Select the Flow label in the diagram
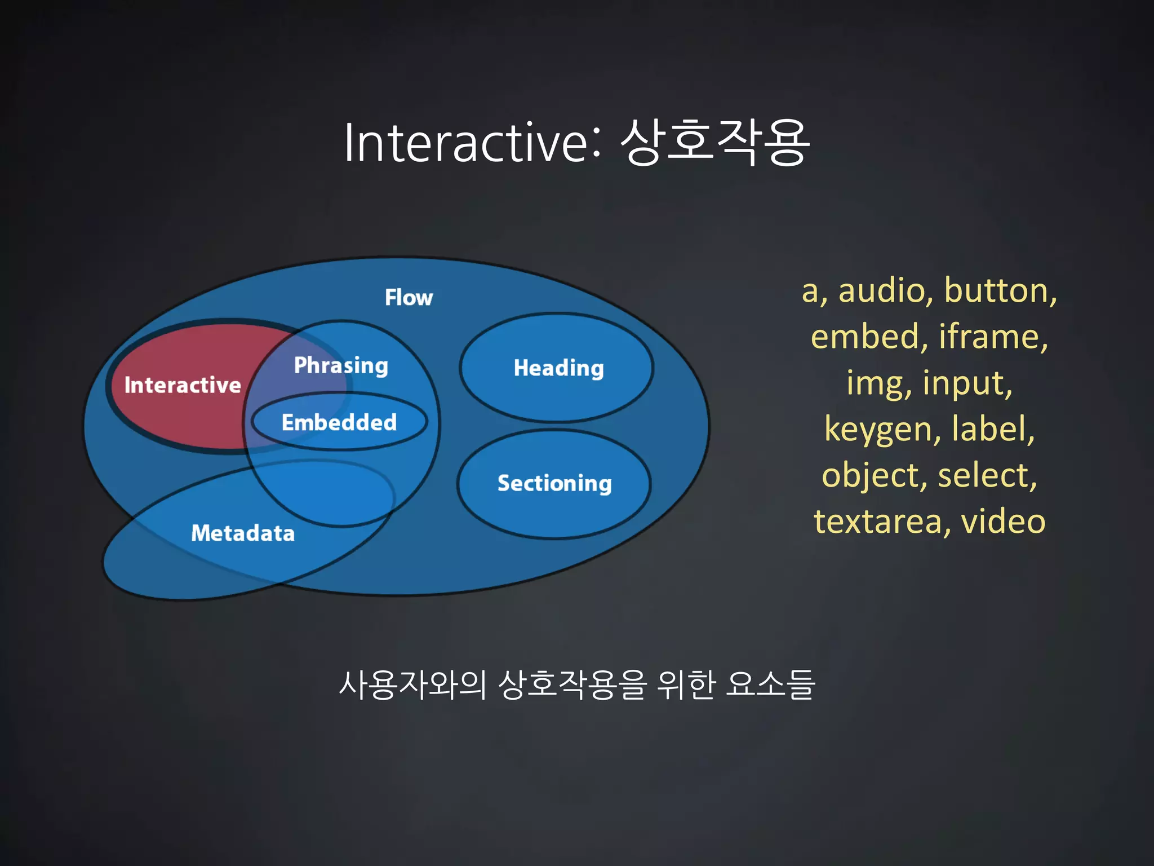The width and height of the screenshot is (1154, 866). coord(409,298)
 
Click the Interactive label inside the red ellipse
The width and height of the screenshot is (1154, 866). coord(183,386)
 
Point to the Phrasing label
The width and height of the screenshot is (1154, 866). coord(341,365)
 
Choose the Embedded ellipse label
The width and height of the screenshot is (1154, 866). coord(339,422)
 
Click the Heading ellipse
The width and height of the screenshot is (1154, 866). coord(558,368)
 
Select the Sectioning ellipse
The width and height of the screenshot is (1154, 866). coord(554,483)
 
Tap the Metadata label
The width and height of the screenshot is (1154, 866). coord(243,533)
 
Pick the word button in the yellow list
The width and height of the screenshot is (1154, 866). coord(1000,291)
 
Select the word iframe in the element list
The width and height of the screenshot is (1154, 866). coord(993,337)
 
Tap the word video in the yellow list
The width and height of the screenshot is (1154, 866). coord(1003,522)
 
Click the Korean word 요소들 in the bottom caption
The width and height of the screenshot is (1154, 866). coord(770,685)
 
